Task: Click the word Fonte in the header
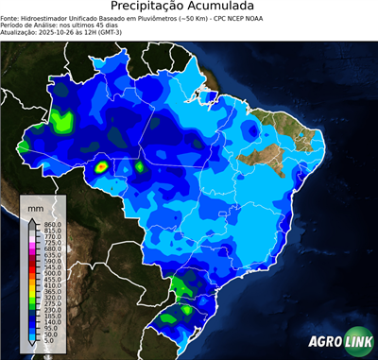tap(10, 18)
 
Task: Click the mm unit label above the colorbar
tap(36, 206)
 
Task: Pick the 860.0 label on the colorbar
tap(53, 223)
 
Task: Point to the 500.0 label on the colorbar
tap(53, 273)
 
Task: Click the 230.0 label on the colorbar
tap(53, 308)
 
